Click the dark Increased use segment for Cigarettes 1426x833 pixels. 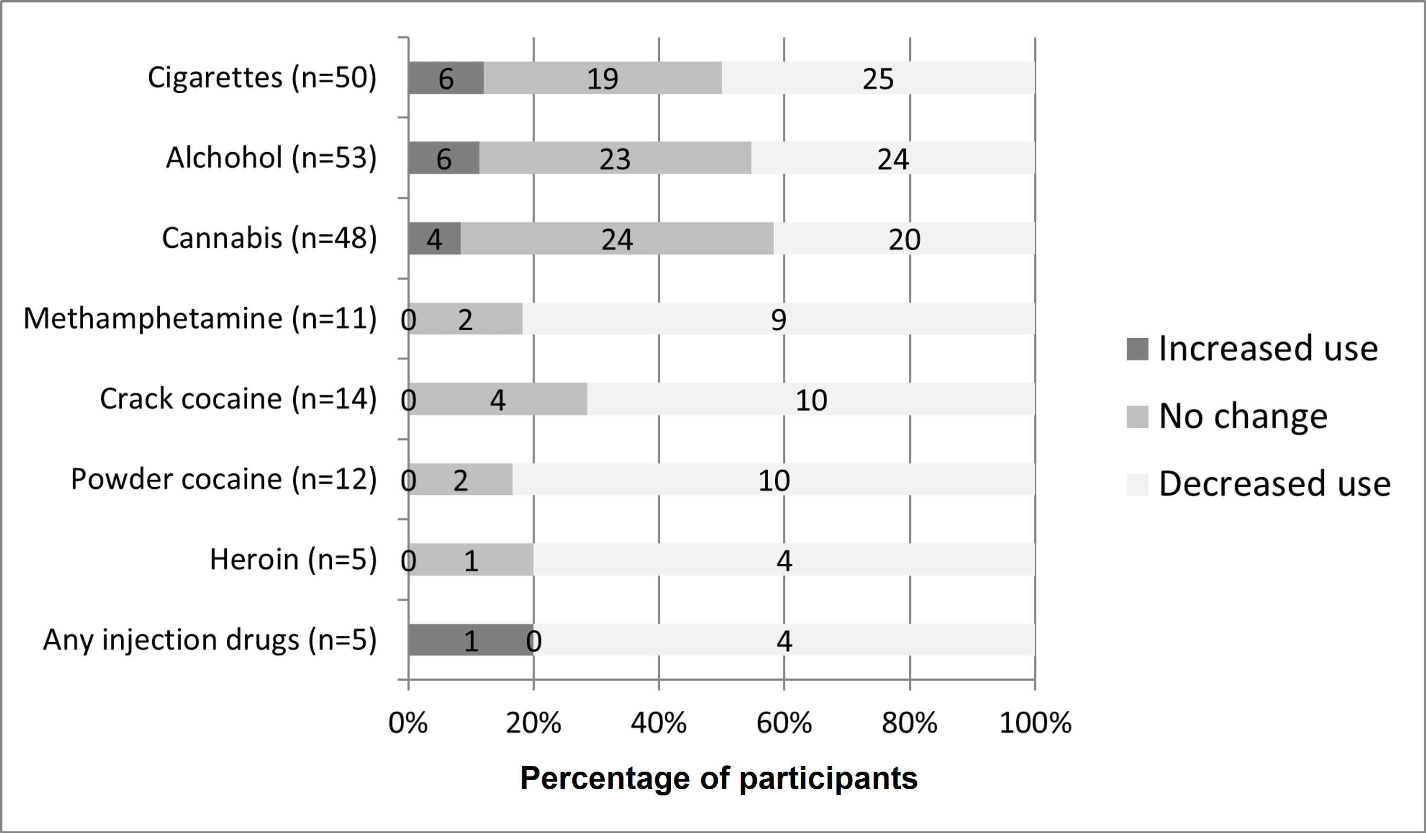point(446,78)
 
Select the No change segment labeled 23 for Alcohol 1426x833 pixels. point(615,158)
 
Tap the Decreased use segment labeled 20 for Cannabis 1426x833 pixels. point(904,239)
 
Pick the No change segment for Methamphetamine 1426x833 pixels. point(465,319)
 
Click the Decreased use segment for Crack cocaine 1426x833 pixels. point(811,400)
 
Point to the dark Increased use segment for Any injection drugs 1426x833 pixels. point(470,640)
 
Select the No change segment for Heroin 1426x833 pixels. point(471,560)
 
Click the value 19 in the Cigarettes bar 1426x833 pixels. point(602,78)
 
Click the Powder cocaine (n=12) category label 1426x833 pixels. point(223,479)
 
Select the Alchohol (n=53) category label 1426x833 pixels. point(271,157)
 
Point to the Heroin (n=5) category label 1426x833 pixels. point(293,559)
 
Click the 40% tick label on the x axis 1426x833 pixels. point(659,723)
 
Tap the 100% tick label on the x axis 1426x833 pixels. point(1035,723)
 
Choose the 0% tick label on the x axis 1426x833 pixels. point(408,723)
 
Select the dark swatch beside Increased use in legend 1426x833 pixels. point(1137,349)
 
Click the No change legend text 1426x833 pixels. point(1243,416)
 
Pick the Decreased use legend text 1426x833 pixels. point(1274,484)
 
